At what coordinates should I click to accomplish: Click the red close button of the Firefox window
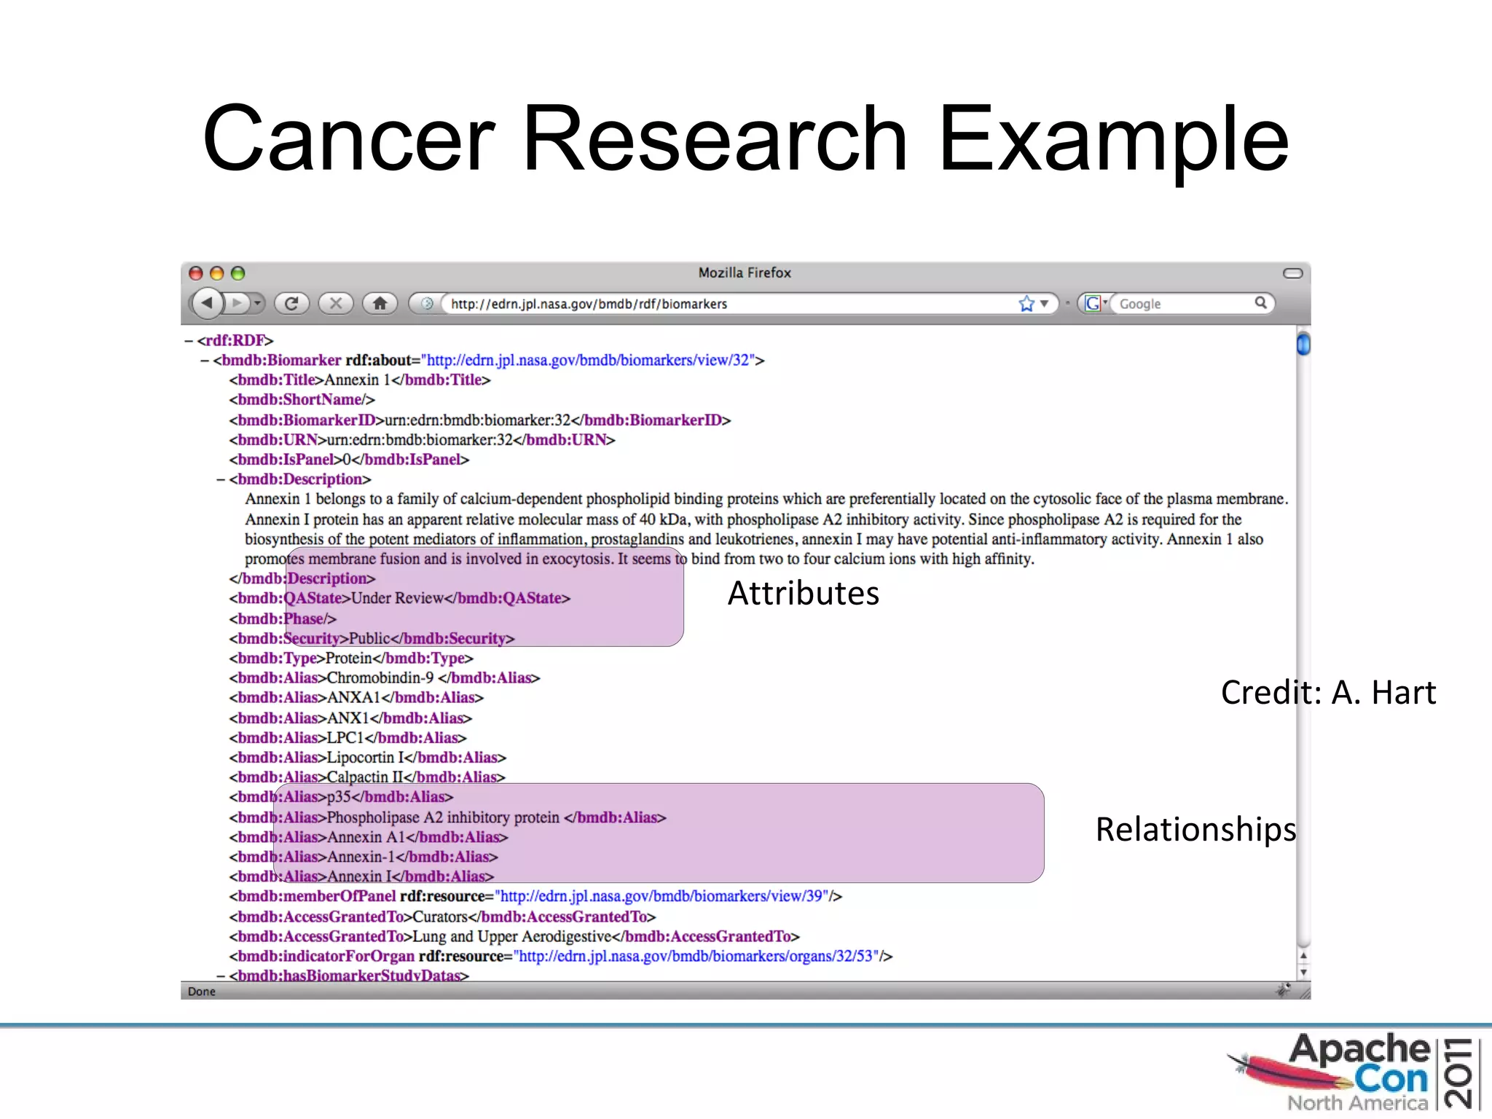(x=195, y=273)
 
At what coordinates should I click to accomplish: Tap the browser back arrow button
(x=208, y=302)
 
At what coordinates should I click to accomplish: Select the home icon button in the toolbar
(x=380, y=303)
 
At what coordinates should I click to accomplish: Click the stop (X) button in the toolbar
(x=336, y=303)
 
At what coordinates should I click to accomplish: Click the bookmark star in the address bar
(x=1026, y=304)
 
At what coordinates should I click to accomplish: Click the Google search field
(x=1180, y=304)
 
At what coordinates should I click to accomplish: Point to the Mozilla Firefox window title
(x=744, y=272)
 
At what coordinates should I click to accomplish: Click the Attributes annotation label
(x=803, y=593)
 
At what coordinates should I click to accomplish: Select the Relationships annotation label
(x=1195, y=829)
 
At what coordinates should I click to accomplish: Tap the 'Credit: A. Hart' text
(x=1328, y=692)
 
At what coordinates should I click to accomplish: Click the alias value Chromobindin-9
(x=380, y=678)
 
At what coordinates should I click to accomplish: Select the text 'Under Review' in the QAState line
(x=397, y=598)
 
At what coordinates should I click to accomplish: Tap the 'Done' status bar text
(x=202, y=992)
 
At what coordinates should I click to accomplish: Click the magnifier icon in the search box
(x=1260, y=302)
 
